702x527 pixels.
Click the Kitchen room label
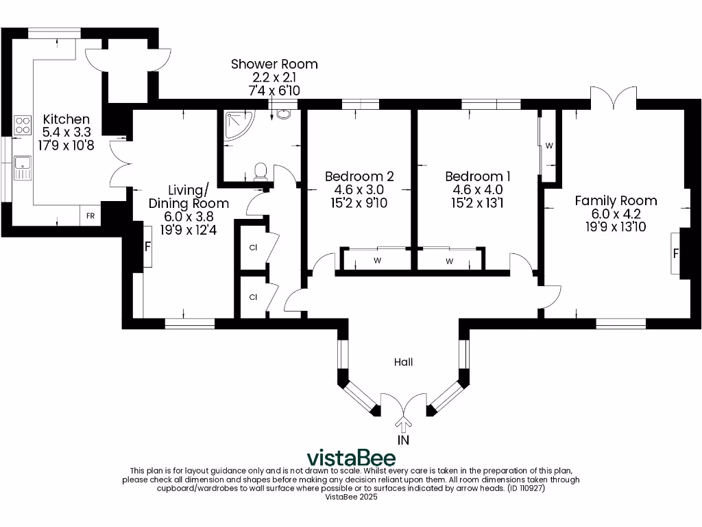coord(66,119)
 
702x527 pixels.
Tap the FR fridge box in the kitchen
coord(90,215)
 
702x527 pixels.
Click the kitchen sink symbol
coord(22,167)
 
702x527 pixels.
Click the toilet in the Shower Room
coord(260,172)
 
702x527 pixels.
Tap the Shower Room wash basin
coord(283,114)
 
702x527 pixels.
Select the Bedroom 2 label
coord(359,176)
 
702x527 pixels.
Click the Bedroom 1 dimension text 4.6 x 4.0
coord(477,189)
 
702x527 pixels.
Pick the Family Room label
coord(615,200)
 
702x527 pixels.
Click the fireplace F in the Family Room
coord(677,253)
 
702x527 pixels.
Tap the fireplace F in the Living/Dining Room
coord(147,246)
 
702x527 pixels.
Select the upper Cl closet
coord(253,247)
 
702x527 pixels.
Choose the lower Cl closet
coord(253,297)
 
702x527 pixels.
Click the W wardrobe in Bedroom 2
coord(376,261)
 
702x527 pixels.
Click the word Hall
coord(403,362)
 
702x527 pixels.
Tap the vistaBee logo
coord(350,457)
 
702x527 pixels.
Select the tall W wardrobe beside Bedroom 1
coord(549,146)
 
